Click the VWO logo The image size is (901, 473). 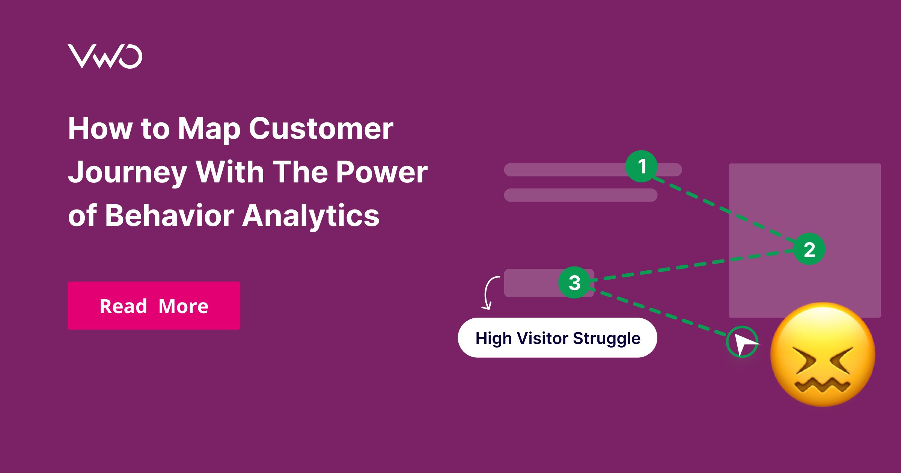[x=105, y=57]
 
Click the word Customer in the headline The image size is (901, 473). [x=321, y=129]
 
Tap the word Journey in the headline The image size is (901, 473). [x=128, y=172]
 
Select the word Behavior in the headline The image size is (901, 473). [x=169, y=215]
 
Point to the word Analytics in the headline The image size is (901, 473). [x=311, y=216]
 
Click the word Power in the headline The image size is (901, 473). [x=382, y=172]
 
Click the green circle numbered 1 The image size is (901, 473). [x=642, y=166]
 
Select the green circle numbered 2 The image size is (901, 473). [x=809, y=249]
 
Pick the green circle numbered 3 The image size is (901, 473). [x=574, y=283]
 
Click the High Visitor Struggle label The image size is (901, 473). [x=557, y=338]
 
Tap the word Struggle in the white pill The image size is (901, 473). [x=607, y=339]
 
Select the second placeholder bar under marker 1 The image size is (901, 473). [x=580, y=195]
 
